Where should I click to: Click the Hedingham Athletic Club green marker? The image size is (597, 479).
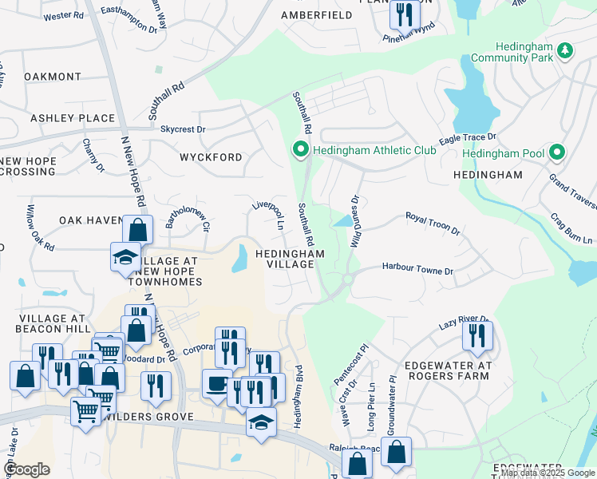(300, 149)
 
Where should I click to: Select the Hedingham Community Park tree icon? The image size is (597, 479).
(565, 50)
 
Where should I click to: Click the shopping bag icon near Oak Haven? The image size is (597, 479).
(137, 230)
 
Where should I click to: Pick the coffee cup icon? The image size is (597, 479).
(216, 383)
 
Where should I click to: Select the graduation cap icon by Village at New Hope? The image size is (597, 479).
(125, 257)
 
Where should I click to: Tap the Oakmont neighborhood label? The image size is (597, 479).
(53, 77)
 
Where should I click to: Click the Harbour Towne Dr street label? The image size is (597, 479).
(417, 270)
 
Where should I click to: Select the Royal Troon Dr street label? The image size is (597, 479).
(433, 223)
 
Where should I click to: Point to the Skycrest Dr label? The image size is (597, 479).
(183, 129)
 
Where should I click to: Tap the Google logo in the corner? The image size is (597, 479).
(27, 469)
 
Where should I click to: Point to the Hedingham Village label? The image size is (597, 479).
(290, 259)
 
